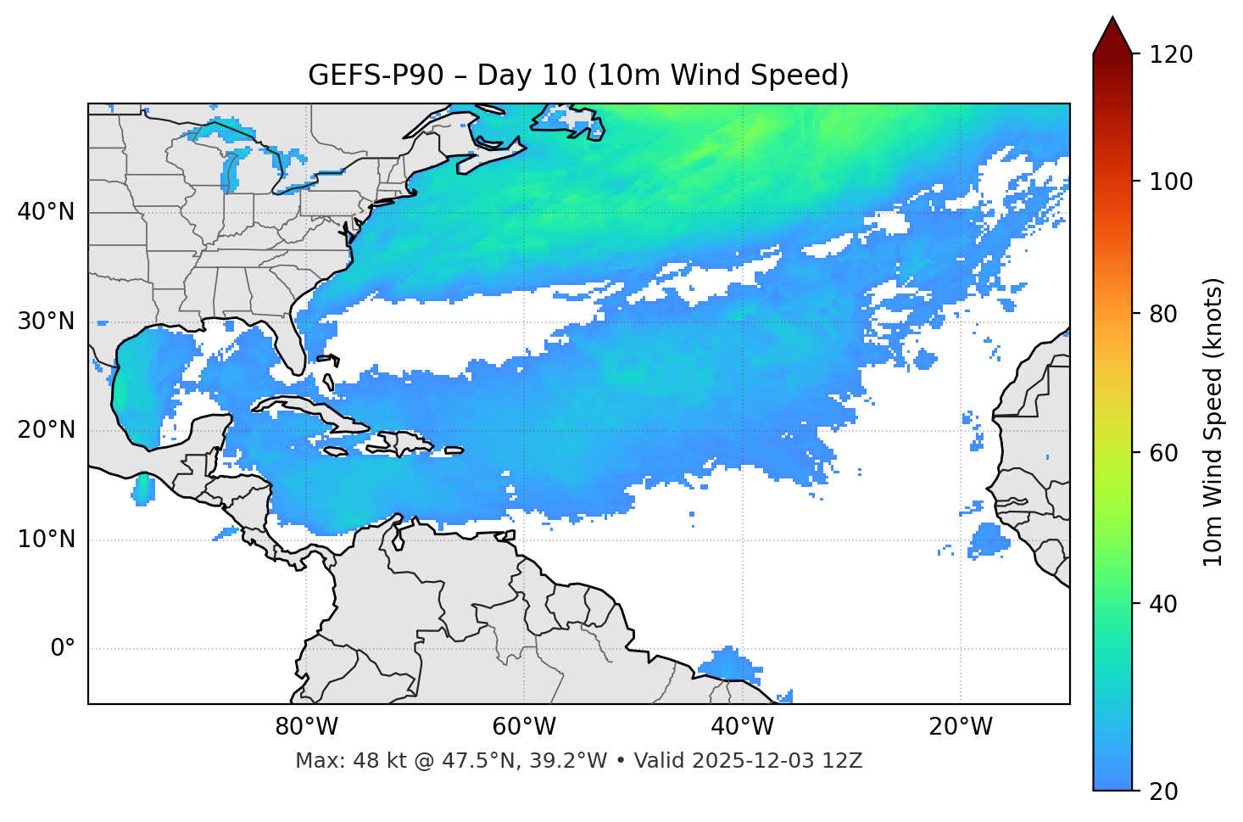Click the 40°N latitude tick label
click(46, 212)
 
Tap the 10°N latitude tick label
click(46, 540)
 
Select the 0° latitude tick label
click(63, 649)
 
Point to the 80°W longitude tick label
click(306, 727)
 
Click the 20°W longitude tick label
click(961, 727)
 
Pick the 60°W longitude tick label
click(524, 727)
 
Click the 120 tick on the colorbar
click(1172, 55)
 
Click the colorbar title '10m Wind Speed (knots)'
click(1213, 422)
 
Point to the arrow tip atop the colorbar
click(1112, 19)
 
